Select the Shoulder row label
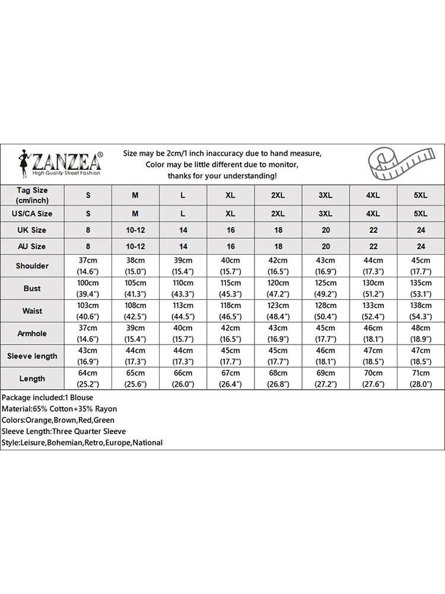pos(32,266)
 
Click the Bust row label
pos(32,289)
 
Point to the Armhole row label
pos(32,334)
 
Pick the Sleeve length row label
pos(32,356)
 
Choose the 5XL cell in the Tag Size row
pos(420,195)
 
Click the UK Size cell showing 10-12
pos(135,230)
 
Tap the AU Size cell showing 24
pos(420,247)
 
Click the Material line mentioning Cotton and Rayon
pos(59,409)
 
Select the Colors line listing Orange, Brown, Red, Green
pos(58,420)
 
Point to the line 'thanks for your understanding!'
pos(222,176)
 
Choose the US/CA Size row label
pos(32,213)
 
